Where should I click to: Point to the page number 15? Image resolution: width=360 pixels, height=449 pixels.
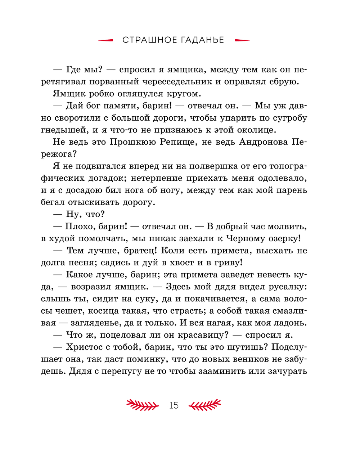click(x=174, y=405)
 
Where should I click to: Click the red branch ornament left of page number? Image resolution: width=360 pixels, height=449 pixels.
click(x=143, y=405)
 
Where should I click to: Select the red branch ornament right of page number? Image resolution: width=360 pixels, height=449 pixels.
click(x=205, y=405)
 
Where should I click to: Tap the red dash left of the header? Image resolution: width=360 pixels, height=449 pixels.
click(x=106, y=40)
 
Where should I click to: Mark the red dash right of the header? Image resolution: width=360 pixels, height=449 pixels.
click(x=242, y=40)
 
